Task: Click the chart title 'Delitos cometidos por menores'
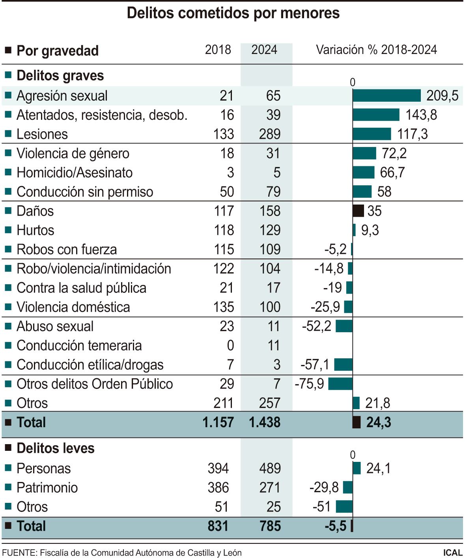pyautogui.click(x=233, y=13)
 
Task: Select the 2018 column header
pyautogui.click(x=218, y=50)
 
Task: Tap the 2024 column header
pyautogui.click(x=264, y=50)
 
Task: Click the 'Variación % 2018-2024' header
pyautogui.click(x=376, y=50)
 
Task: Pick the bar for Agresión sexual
pyautogui.click(x=387, y=96)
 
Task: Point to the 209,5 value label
pyautogui.click(x=442, y=96)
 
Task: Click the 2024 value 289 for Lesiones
pyautogui.click(x=270, y=134)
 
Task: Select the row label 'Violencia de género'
pyautogui.click(x=73, y=153)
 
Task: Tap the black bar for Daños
pyautogui.click(x=358, y=211)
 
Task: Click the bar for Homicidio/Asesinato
pyautogui.click(x=363, y=173)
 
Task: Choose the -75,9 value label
pyautogui.click(x=309, y=384)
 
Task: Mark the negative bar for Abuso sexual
pyautogui.click(x=344, y=326)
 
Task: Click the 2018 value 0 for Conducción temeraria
pyautogui.click(x=230, y=346)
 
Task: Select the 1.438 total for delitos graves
pyautogui.click(x=265, y=422)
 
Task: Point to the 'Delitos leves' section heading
pyautogui.click(x=56, y=448)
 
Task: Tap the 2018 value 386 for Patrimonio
pyautogui.click(x=218, y=488)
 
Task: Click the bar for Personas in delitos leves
pyautogui.click(x=357, y=468)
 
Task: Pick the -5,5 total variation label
pyautogui.click(x=335, y=526)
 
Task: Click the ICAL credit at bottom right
pyautogui.click(x=452, y=553)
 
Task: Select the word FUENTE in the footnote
pyautogui.click(x=19, y=553)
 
